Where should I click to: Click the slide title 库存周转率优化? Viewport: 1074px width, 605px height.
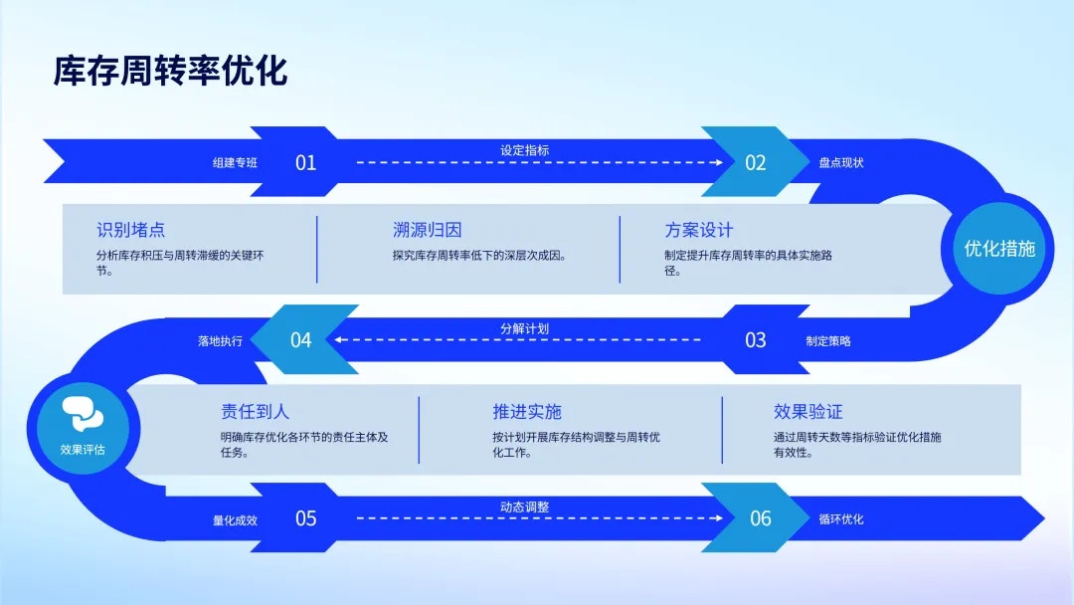[x=170, y=72]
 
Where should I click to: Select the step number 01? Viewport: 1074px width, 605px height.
[x=305, y=162]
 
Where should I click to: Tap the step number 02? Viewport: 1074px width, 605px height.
[x=756, y=162]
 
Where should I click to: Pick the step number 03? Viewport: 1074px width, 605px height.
[x=756, y=340]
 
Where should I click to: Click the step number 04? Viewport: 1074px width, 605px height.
[x=300, y=340]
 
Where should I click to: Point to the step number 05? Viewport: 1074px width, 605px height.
[x=305, y=518]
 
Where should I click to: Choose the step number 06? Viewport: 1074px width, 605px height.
[x=760, y=518]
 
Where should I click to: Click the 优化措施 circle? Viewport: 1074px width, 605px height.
[x=999, y=249]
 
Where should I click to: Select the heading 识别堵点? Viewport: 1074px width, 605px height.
[x=130, y=231]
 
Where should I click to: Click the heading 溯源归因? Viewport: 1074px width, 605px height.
[x=427, y=231]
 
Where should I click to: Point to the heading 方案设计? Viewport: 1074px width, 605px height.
[x=699, y=231]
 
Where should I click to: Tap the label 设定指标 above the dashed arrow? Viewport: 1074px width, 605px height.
[x=524, y=150]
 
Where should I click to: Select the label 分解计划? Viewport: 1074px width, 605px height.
[x=524, y=328]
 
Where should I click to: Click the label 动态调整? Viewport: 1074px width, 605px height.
[x=524, y=506]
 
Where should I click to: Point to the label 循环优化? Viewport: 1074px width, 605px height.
[x=840, y=518]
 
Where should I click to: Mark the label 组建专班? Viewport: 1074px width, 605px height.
[x=235, y=162]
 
